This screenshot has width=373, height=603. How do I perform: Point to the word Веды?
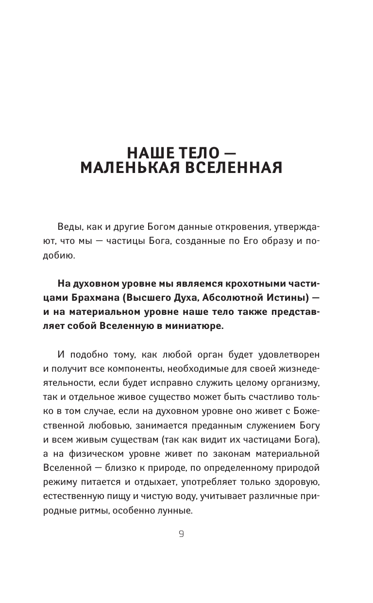pyautogui.click(x=68, y=228)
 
